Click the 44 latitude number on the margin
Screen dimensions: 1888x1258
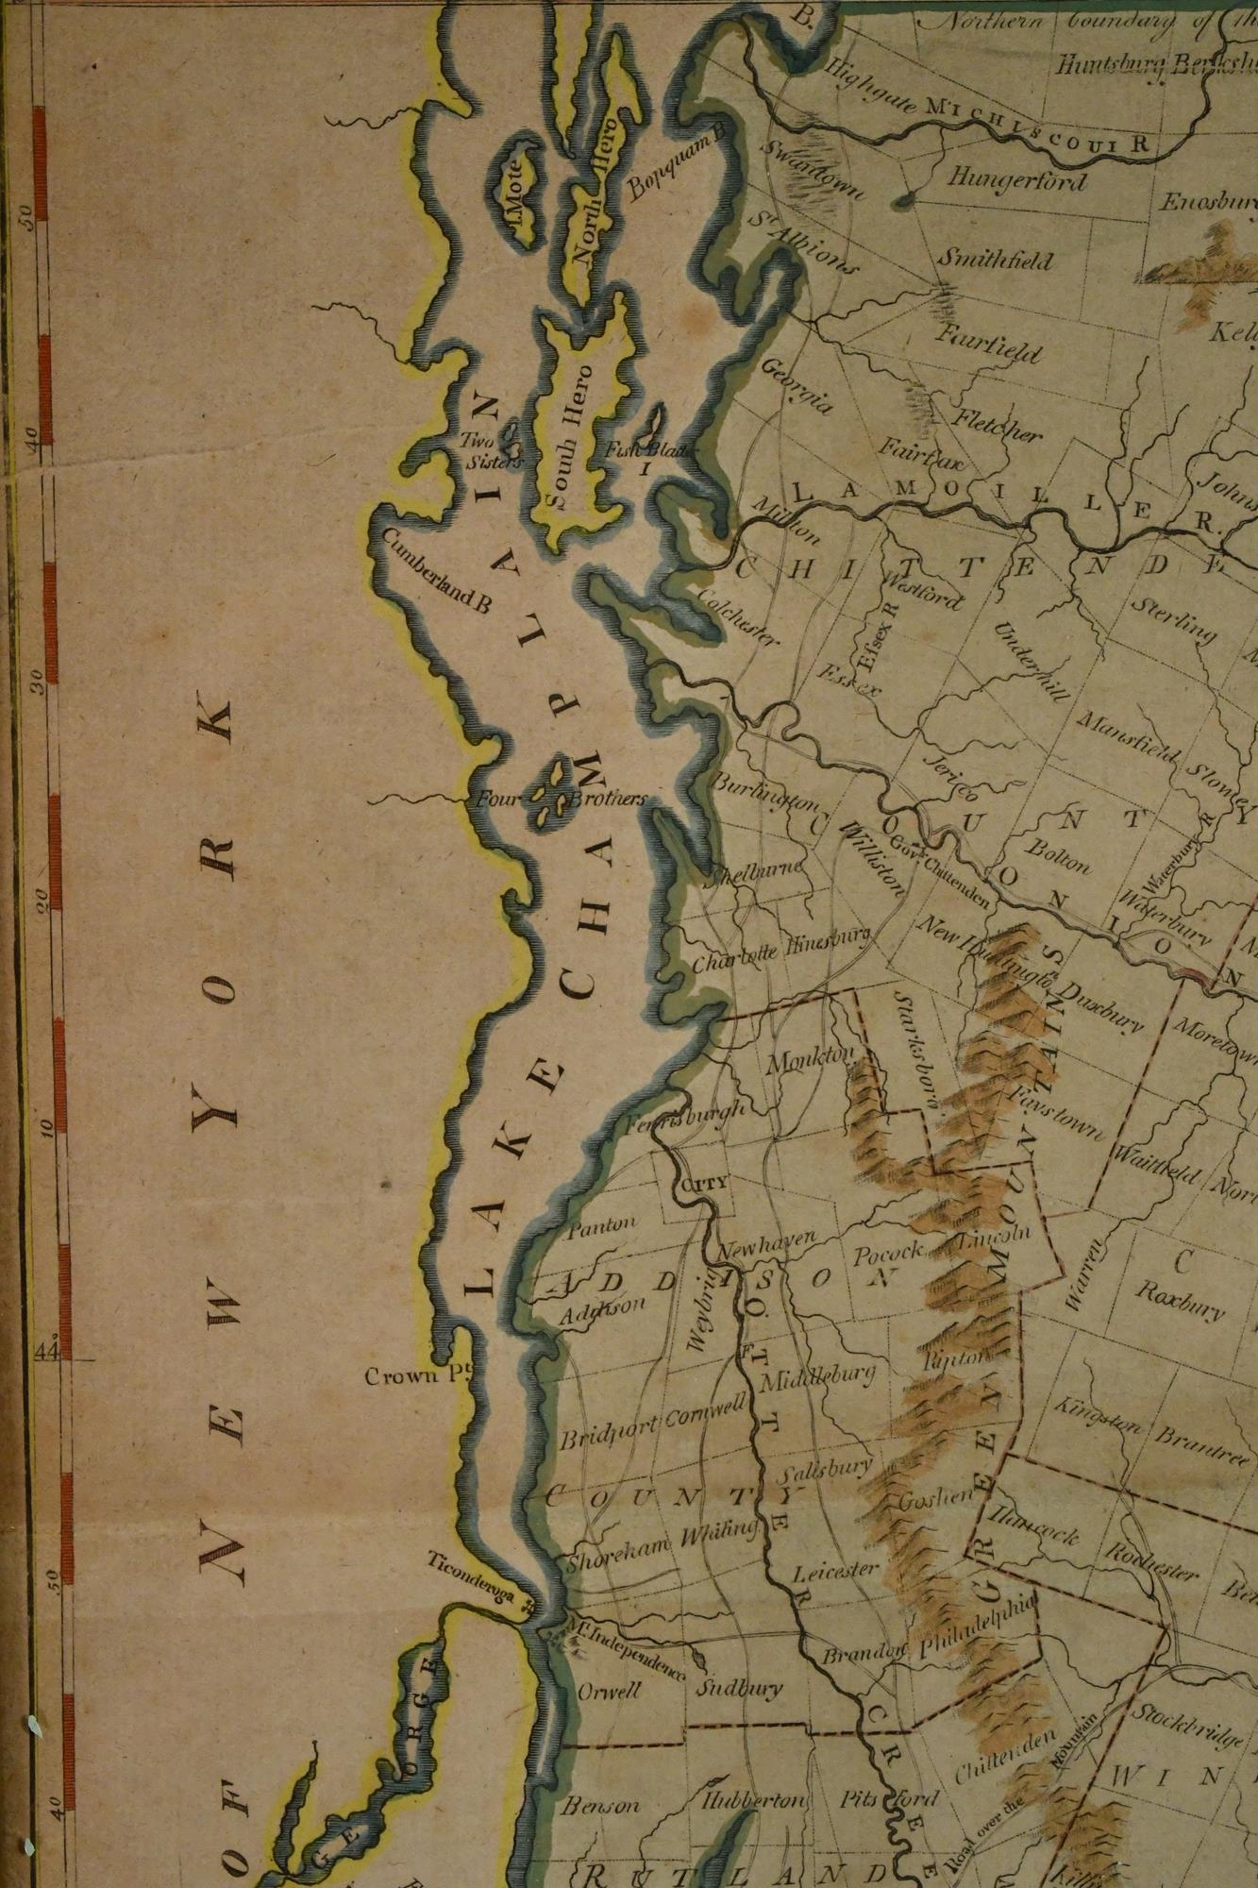click(x=47, y=1351)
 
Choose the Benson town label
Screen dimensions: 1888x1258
click(x=600, y=1805)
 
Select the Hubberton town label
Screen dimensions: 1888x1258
click(x=754, y=1799)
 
